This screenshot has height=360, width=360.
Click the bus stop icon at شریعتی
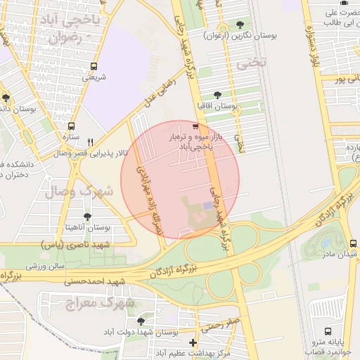click(x=94, y=67)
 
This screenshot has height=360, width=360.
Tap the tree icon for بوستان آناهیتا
click(x=87, y=217)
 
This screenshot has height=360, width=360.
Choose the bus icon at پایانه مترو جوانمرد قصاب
click(x=328, y=330)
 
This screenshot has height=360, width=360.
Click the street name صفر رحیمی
click(x=220, y=326)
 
